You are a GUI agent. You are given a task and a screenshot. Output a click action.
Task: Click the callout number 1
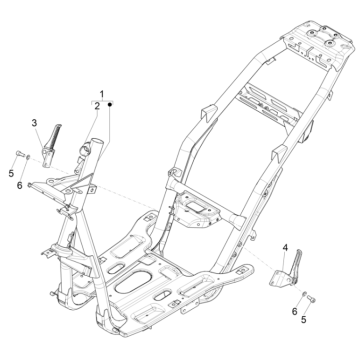[102, 94]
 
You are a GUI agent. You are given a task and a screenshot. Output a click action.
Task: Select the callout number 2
[97, 106]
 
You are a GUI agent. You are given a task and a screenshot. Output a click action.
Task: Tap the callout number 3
[34, 123]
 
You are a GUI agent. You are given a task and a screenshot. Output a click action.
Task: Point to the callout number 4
[285, 248]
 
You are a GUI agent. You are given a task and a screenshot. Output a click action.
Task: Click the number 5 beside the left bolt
[11, 173]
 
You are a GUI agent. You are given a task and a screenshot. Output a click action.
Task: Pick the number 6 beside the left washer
[20, 185]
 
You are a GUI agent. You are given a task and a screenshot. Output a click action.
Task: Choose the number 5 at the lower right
[303, 319]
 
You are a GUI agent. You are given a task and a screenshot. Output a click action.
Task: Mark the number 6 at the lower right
[294, 311]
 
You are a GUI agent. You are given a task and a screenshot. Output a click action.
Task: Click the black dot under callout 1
[110, 105]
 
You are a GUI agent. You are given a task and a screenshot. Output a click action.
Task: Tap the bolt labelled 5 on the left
[19, 154]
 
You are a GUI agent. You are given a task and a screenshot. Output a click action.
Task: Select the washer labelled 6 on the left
[28, 156]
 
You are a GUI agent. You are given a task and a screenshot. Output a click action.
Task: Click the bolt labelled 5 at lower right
[311, 299]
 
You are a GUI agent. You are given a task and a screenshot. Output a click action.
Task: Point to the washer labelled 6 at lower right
[304, 294]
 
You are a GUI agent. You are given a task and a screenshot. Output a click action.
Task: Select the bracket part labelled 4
[286, 273]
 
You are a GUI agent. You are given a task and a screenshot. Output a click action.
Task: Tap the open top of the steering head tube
[97, 141]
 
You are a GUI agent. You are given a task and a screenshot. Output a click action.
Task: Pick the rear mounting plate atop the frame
[318, 45]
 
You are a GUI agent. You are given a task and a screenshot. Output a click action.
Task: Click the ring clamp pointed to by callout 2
[85, 148]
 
